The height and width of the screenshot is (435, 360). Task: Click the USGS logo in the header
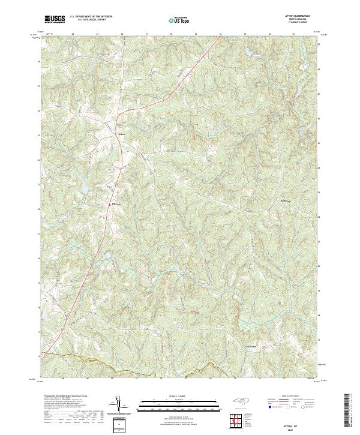[x=55, y=19]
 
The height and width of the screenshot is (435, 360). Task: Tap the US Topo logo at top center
[x=179, y=20]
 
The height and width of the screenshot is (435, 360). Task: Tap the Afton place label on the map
[x=122, y=135]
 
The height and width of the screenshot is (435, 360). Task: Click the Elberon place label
[x=116, y=204]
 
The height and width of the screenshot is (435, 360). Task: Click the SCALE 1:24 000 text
[x=179, y=397]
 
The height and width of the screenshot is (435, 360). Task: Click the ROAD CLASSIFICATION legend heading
[x=291, y=397]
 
